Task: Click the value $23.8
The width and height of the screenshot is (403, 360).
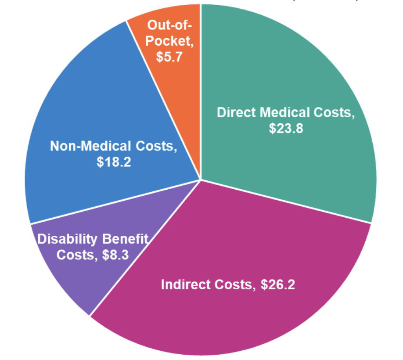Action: click(286, 130)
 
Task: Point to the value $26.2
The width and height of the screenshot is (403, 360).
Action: click(278, 284)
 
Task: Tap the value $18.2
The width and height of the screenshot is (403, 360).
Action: click(114, 162)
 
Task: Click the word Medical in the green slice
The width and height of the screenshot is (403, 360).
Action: click(287, 113)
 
